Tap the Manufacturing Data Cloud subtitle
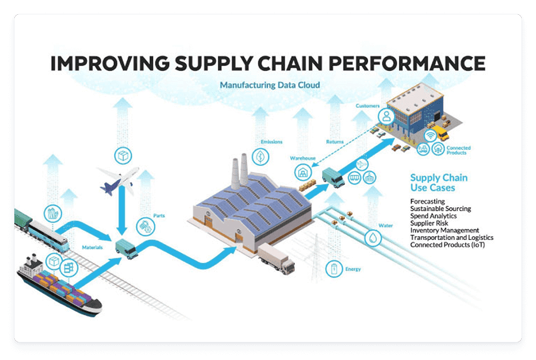pos(270,85)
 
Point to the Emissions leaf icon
pos(260,157)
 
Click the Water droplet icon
pos(373,239)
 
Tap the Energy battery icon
pos(334,268)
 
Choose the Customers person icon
pos(387,116)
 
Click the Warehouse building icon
pos(303,173)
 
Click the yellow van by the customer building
pos(440,132)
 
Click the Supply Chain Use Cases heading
pos(438,183)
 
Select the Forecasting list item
pos(428,202)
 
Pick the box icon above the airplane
pos(123,156)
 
